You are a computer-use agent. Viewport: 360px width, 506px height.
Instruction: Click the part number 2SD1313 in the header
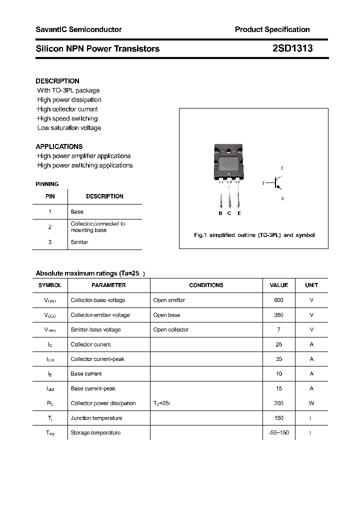click(292, 48)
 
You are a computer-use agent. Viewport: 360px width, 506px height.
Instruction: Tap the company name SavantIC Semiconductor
click(78, 29)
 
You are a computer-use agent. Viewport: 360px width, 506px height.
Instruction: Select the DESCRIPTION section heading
click(57, 81)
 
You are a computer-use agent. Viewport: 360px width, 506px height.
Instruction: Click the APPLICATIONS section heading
click(59, 146)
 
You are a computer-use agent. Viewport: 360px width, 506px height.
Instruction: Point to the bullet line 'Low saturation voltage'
click(69, 128)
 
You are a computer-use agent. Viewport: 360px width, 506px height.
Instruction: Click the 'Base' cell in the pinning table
click(77, 211)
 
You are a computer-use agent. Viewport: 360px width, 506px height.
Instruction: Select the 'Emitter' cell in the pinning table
click(79, 242)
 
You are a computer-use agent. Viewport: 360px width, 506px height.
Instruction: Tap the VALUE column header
click(278, 285)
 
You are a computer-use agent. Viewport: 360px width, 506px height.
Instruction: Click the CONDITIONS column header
click(206, 285)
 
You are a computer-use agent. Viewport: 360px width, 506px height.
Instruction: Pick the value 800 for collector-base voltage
click(278, 300)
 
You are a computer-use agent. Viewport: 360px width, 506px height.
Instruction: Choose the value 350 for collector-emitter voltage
click(278, 315)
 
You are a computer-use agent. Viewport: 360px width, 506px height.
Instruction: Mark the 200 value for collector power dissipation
click(278, 403)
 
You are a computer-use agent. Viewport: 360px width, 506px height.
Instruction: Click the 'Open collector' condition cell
click(171, 329)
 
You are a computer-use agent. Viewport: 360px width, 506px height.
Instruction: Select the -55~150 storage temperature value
click(278, 432)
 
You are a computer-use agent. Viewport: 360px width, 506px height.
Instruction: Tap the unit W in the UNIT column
click(311, 403)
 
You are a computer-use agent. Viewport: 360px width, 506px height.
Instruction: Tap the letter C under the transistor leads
click(229, 213)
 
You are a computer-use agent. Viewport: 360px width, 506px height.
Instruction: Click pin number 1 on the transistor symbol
click(263, 183)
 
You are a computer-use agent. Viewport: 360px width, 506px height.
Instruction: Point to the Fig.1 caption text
click(254, 235)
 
